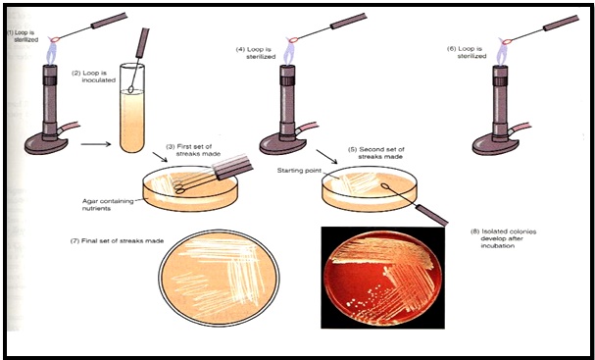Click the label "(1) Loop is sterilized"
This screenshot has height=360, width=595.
24,36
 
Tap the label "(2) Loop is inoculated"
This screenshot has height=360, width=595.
94,77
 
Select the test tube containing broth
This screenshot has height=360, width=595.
132,108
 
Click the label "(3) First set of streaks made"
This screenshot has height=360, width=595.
193,150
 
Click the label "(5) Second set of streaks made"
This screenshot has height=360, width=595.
376,153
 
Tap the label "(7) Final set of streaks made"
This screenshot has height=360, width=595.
118,240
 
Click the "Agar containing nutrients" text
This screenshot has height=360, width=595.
108,205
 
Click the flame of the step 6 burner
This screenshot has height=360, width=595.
502,53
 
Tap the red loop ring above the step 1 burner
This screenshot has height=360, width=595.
55,39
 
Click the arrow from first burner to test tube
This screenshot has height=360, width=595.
96,144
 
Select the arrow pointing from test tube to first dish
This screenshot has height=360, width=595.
160,157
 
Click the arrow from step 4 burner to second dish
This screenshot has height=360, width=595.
326,156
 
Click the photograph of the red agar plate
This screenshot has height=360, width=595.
382,278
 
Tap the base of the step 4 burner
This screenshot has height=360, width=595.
282,144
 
